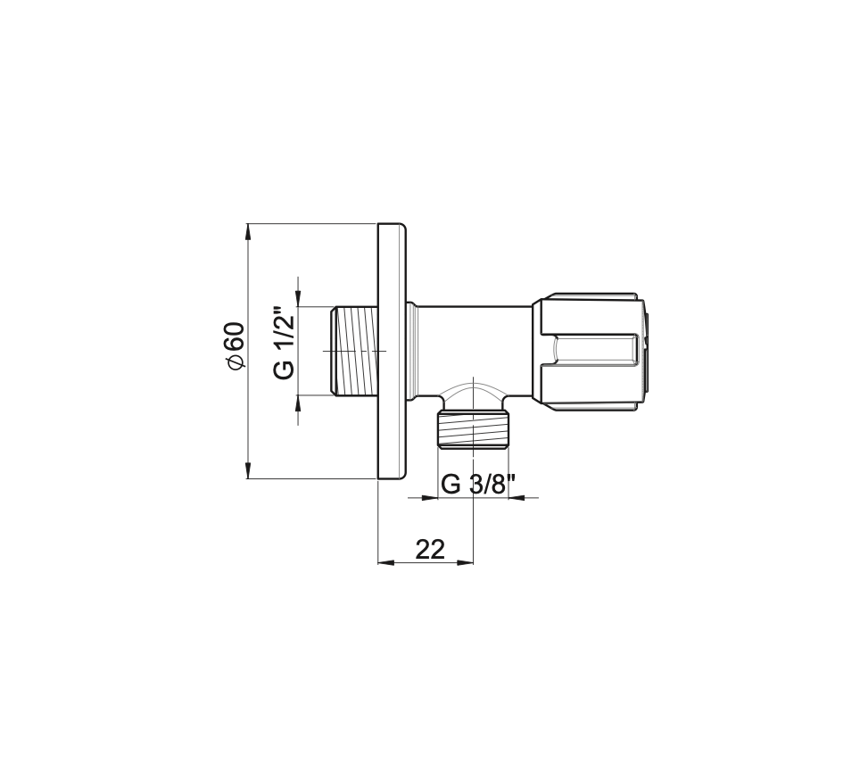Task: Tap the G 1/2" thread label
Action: point(285,342)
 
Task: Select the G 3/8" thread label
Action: point(478,484)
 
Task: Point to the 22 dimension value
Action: point(430,549)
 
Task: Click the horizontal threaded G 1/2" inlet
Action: point(354,351)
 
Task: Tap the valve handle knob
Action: point(590,354)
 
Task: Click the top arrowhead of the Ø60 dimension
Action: point(248,231)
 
